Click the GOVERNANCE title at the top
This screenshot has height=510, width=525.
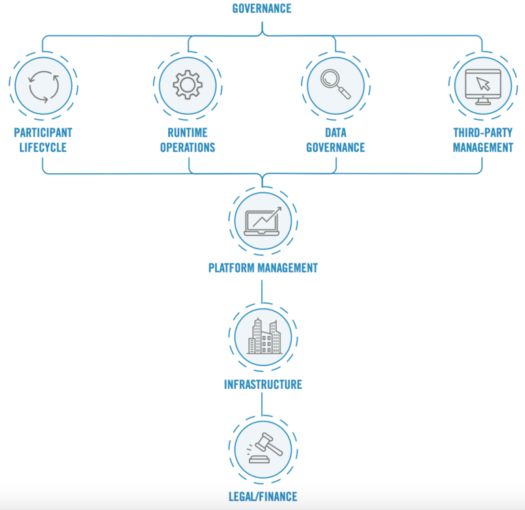[262, 9]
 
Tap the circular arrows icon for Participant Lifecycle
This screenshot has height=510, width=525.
[42, 86]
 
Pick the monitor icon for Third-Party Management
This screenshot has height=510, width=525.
[483, 86]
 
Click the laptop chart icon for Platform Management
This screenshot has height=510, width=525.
[262, 221]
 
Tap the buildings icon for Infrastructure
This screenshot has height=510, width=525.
[262, 336]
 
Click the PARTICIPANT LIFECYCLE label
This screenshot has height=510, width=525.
[42, 140]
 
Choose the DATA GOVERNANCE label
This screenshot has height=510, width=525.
[335, 140]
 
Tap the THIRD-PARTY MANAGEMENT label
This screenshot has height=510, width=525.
[483, 140]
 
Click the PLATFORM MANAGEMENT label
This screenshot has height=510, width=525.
[262, 268]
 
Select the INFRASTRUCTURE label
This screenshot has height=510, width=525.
[262, 385]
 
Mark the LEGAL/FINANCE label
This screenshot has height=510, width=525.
[262, 496]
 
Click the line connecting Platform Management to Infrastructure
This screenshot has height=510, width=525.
[262, 290]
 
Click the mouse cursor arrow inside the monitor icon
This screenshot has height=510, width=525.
[484, 84]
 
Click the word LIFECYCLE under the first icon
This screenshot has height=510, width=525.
[42, 147]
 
